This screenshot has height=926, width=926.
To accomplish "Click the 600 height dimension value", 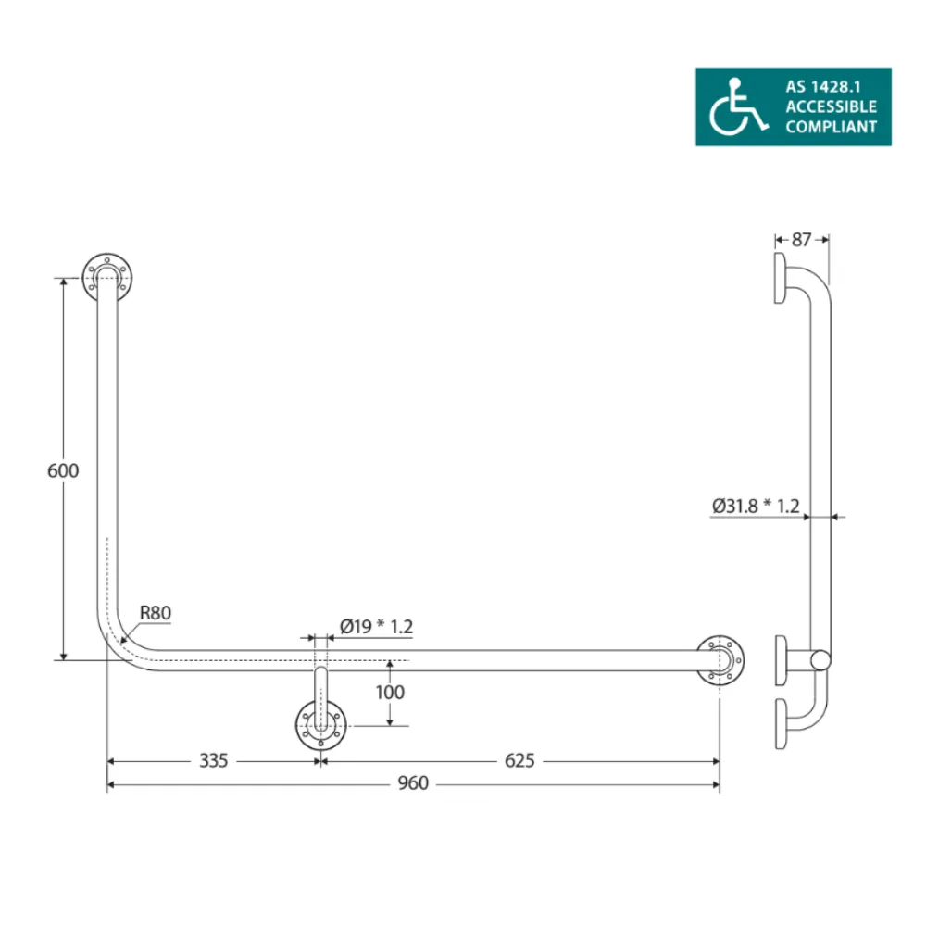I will click(63, 470).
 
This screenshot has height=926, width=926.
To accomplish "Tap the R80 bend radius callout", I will click(156, 612).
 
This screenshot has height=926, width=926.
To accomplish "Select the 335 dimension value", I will click(214, 761).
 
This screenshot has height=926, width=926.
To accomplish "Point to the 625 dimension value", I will click(520, 761).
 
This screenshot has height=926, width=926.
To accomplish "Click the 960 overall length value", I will click(413, 784).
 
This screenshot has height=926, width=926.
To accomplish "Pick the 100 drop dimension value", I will click(391, 692).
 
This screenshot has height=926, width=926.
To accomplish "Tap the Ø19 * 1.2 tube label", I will click(376, 627).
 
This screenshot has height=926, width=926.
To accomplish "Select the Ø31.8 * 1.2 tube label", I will click(756, 506).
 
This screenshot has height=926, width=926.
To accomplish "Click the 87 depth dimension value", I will click(802, 239).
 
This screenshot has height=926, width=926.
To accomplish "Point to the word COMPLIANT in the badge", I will click(831, 128).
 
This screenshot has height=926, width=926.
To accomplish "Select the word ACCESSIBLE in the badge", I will click(831, 107).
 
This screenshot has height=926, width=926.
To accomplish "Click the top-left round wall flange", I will click(108, 276).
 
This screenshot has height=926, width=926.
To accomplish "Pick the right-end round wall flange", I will click(721, 660).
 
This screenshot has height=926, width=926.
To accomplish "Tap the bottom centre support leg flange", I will click(320, 725).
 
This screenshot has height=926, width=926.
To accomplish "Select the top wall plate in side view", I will click(781, 278).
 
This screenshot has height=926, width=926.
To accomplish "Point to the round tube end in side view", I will click(820, 660).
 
